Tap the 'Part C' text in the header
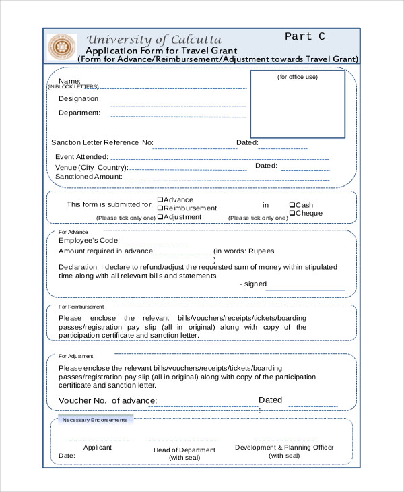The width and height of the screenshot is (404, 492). [x=305, y=36]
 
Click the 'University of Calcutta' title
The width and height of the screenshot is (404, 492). [x=154, y=40]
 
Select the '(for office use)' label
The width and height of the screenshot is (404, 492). [x=298, y=77]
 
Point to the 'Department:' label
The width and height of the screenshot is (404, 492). [x=79, y=113]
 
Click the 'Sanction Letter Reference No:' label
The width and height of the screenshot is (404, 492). [x=102, y=142]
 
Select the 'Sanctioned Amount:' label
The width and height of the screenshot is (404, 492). [x=89, y=177]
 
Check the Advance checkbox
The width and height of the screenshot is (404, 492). [x=160, y=199]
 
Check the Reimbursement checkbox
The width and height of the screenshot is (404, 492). [x=160, y=208]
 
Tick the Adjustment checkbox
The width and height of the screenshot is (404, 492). [x=160, y=217]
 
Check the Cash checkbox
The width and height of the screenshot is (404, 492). [x=292, y=205]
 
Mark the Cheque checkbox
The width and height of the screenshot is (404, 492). [x=292, y=213]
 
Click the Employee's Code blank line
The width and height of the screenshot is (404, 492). [x=156, y=242]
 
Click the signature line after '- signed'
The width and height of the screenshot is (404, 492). [x=307, y=290]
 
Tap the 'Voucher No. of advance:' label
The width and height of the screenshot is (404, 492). [x=108, y=401]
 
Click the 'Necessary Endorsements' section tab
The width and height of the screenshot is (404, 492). [x=94, y=420]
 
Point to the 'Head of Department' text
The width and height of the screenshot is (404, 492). [x=184, y=450]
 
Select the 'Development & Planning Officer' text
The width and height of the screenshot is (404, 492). [x=284, y=447]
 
